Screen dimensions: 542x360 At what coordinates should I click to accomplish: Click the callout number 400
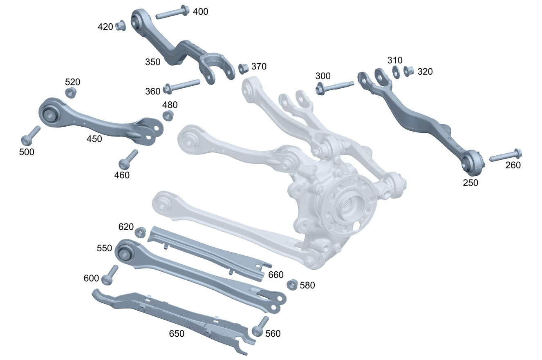tap(200, 11)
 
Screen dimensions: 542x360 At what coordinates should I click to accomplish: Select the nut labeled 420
tap(121, 26)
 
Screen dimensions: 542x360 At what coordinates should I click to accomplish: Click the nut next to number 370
tap(244, 69)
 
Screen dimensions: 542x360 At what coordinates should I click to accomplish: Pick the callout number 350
tap(153, 62)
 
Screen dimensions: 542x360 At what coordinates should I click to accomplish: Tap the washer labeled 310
tap(396, 72)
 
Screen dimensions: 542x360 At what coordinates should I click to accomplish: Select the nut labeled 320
tap(409, 71)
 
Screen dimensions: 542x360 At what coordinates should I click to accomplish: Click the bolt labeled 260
tap(506, 155)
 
